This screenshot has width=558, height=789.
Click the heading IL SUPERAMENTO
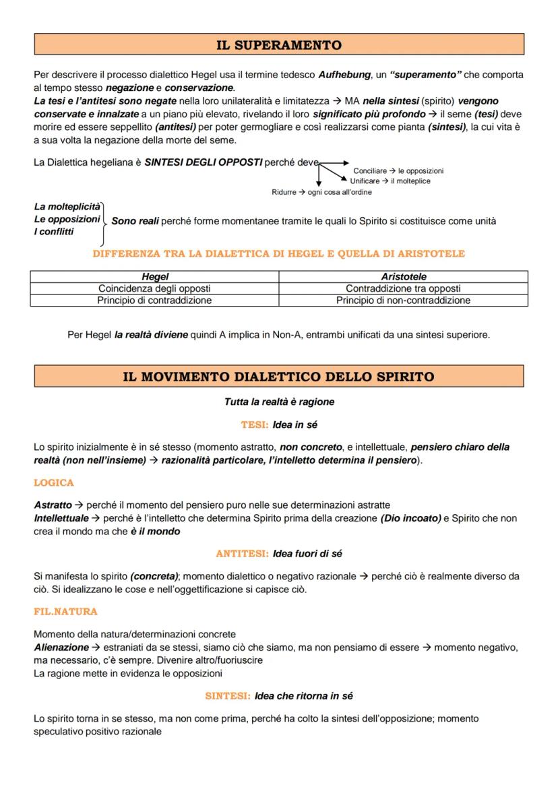tap(278, 45)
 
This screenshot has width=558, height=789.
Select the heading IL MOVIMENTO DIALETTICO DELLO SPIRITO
tap(278, 377)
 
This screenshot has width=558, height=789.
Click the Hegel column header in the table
tap(155, 276)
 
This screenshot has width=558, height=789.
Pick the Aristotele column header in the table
tap(403, 276)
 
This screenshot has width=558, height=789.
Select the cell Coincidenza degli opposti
tap(154, 288)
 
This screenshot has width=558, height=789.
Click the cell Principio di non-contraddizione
tap(403, 301)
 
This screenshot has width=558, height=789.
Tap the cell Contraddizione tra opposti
tap(403, 288)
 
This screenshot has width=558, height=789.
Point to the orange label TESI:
tap(255, 425)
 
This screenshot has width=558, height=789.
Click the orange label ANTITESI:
tap(243, 554)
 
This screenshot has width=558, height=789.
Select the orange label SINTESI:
tap(228, 696)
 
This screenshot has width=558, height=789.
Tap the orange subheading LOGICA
tap(54, 483)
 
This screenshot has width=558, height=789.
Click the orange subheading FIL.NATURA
tap(65, 612)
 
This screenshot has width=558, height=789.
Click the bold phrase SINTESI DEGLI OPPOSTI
tap(203, 162)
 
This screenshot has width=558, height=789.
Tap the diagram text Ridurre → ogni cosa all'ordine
tap(321, 192)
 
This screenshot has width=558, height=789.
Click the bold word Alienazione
tap(61, 648)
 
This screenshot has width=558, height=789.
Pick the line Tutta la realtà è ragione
tap(278, 402)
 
